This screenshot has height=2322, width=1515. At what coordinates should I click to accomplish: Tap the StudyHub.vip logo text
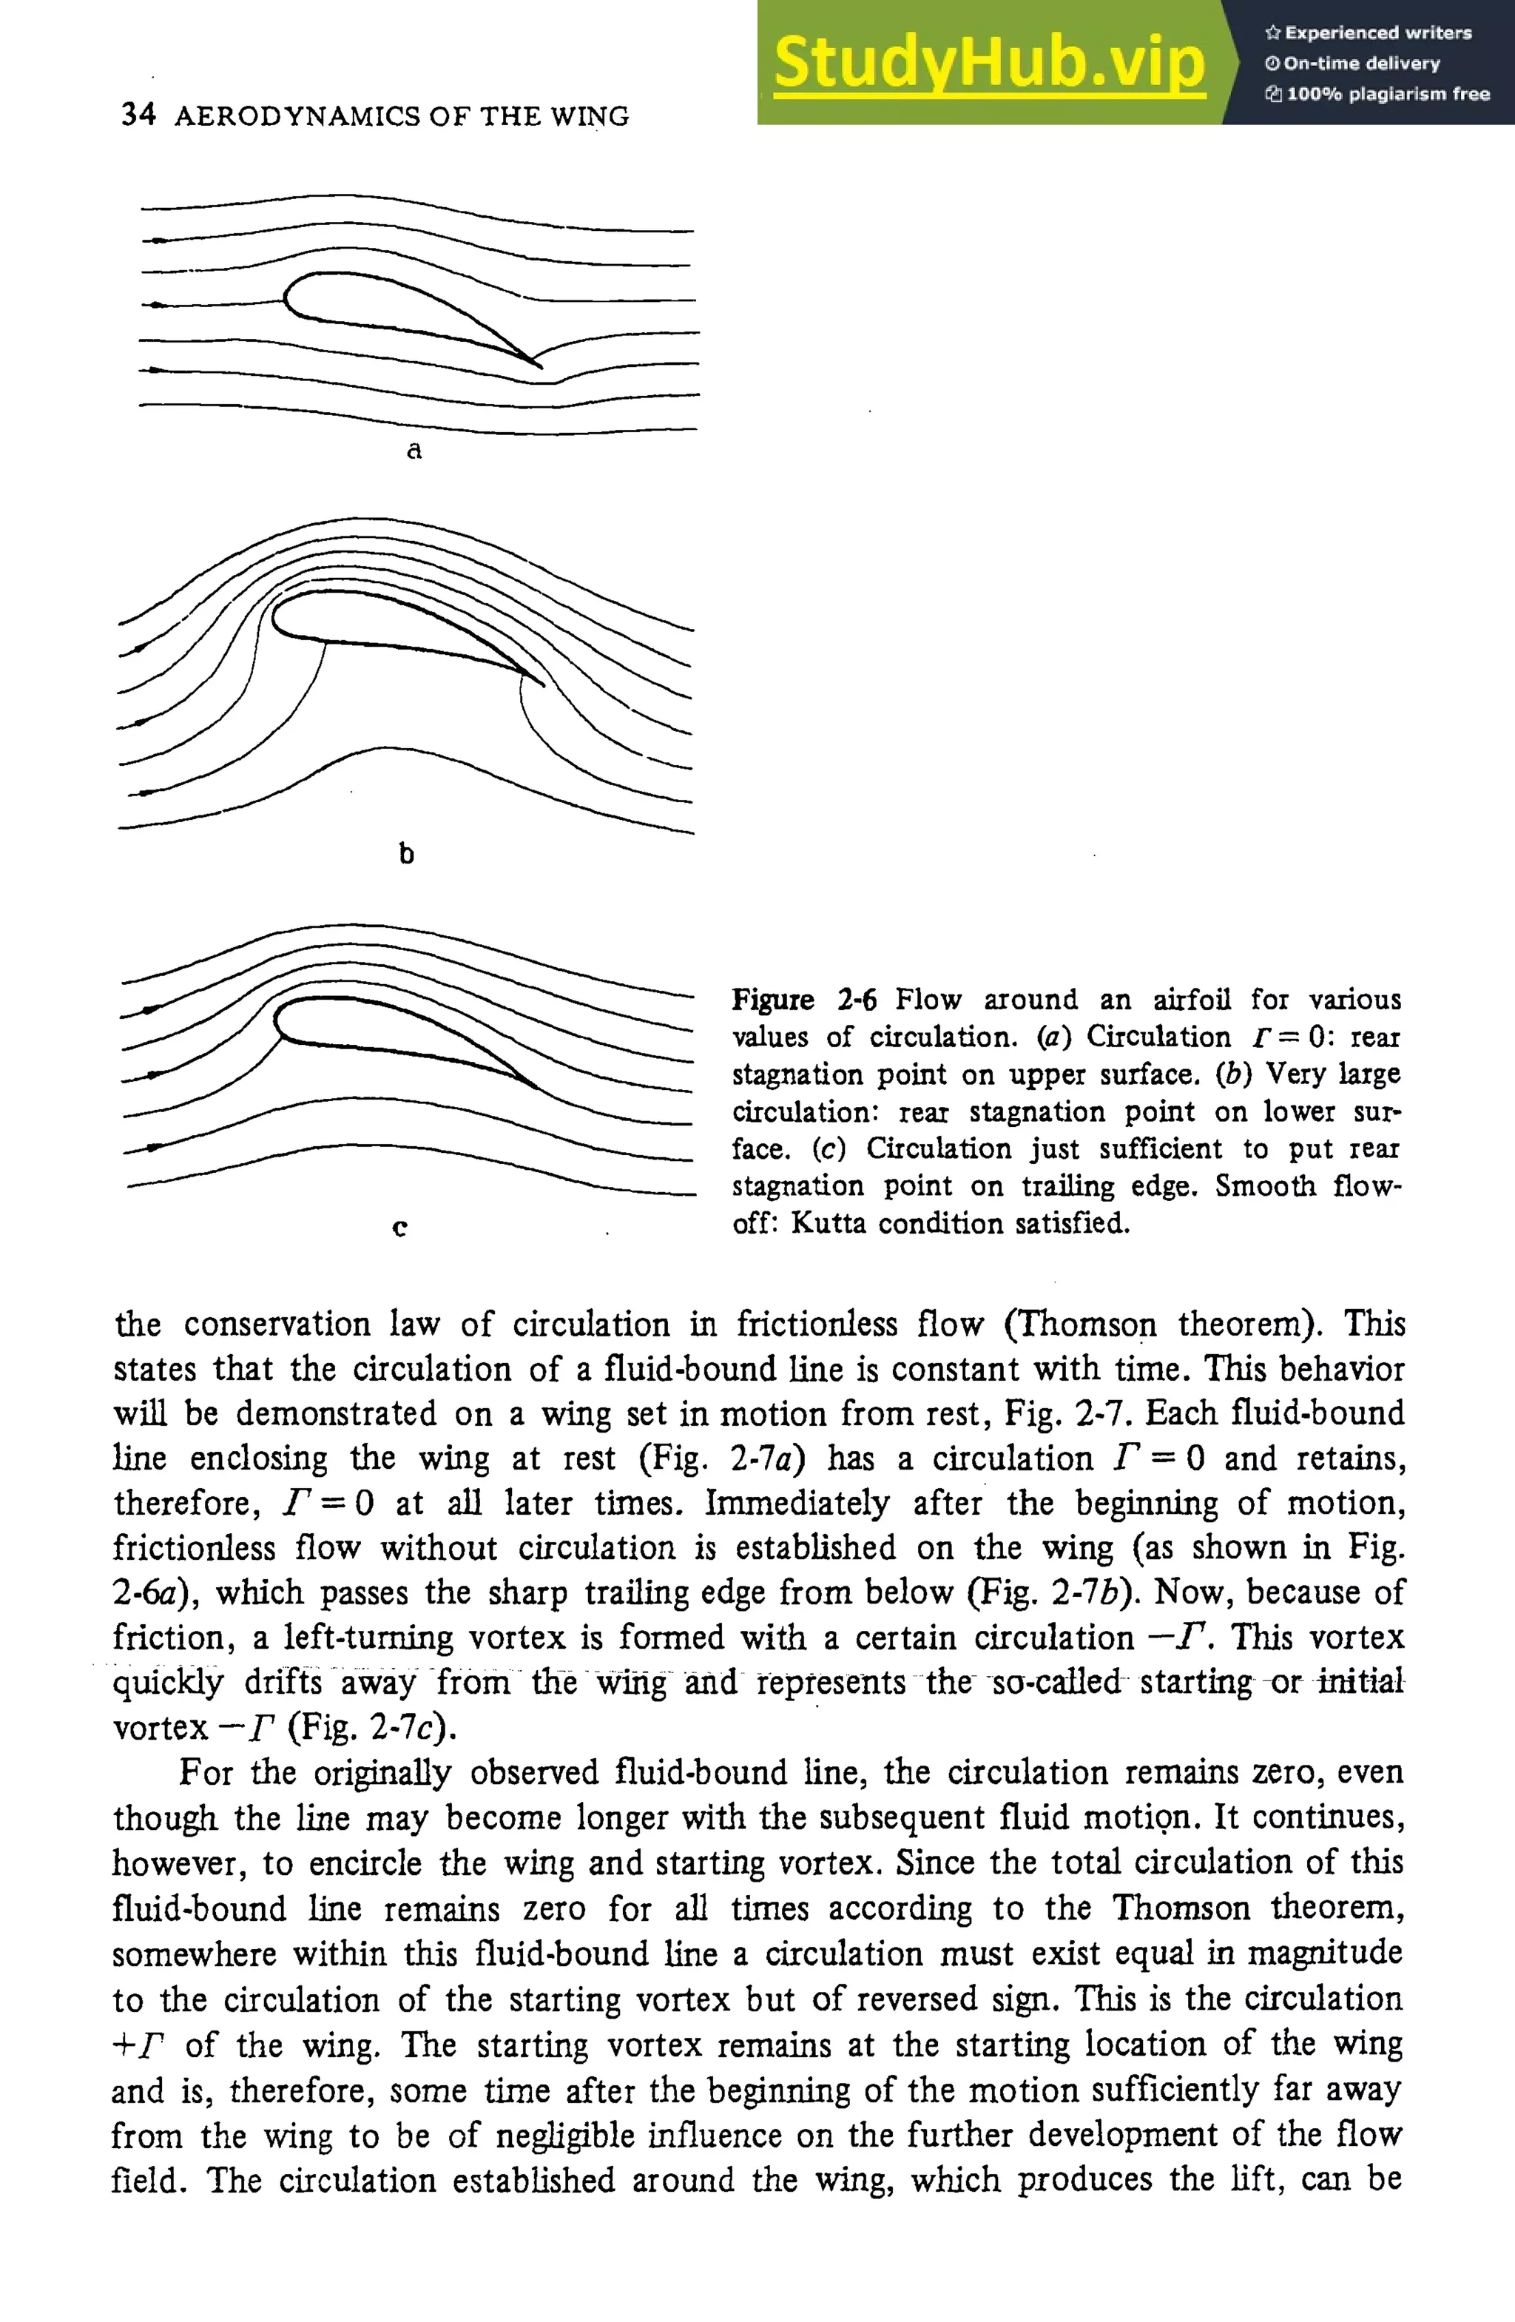989,62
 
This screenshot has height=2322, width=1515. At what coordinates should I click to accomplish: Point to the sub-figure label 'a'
414,451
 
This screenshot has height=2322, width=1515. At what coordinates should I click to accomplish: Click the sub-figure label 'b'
406,854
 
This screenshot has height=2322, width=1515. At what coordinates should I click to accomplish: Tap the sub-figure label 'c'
399,1228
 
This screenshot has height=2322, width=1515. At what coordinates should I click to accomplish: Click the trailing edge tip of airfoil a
541,367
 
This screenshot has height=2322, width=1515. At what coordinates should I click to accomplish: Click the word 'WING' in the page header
590,116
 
